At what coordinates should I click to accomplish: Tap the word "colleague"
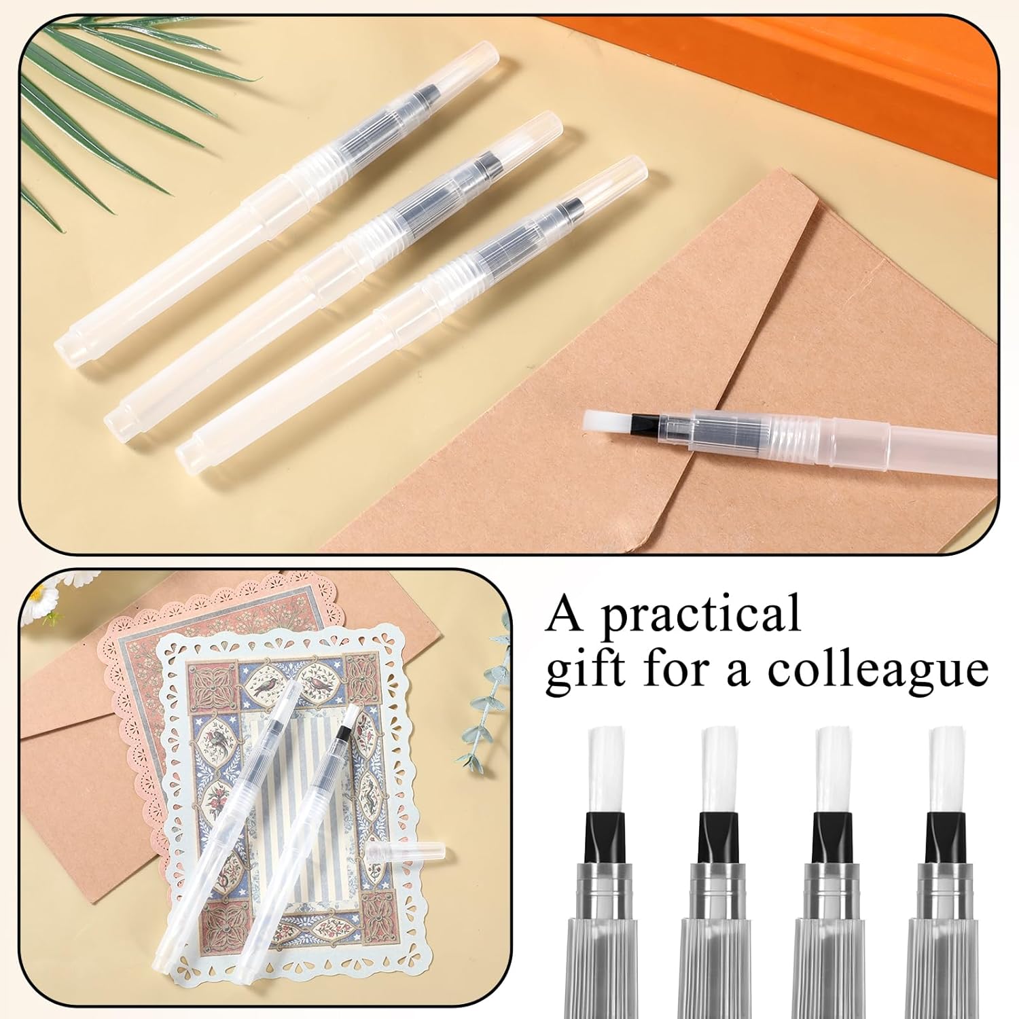pyautogui.click(x=878, y=668)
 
